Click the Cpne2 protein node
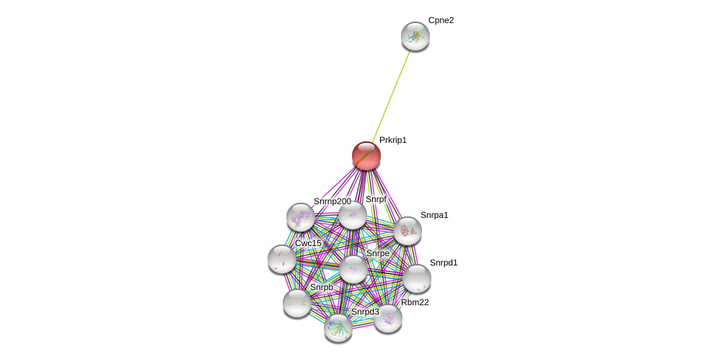point(415,36)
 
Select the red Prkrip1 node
point(366,156)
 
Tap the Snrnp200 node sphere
point(300,217)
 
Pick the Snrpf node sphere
point(353,215)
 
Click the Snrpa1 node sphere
point(408,231)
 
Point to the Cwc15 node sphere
point(282,260)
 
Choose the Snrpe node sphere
point(353,269)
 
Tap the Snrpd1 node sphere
point(417,278)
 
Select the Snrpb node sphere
point(297,304)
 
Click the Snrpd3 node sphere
point(338,328)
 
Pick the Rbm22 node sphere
point(388,319)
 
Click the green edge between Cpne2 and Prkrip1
point(391,96)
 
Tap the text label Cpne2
point(441,21)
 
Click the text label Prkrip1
point(393,140)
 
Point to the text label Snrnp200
point(333,201)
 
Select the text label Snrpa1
point(434,216)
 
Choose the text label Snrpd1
point(444,263)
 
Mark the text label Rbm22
point(415,302)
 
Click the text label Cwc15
point(308,243)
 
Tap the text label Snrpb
point(322,287)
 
